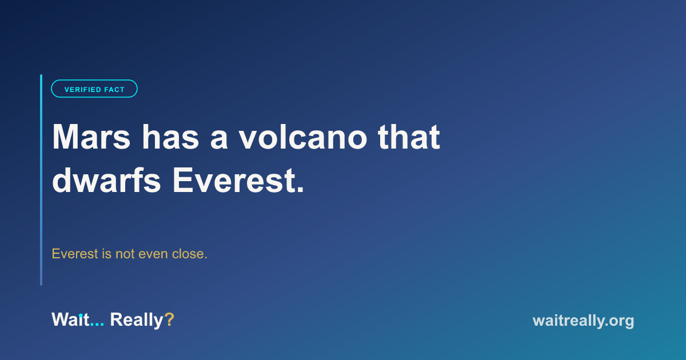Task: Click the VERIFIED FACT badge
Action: pos(94,89)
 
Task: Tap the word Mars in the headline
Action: pos(91,137)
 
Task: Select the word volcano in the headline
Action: pos(303,137)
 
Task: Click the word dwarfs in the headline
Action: pos(106,180)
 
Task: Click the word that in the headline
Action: pos(409,137)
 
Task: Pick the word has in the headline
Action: pos(170,137)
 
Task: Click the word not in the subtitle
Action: pos(125,254)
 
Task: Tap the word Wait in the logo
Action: pos(70,319)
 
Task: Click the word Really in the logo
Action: pos(137,320)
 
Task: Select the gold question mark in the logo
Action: pos(169,319)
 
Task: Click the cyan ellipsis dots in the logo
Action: pos(97,325)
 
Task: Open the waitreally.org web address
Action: pos(583,321)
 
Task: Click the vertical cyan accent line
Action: pos(41,180)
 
